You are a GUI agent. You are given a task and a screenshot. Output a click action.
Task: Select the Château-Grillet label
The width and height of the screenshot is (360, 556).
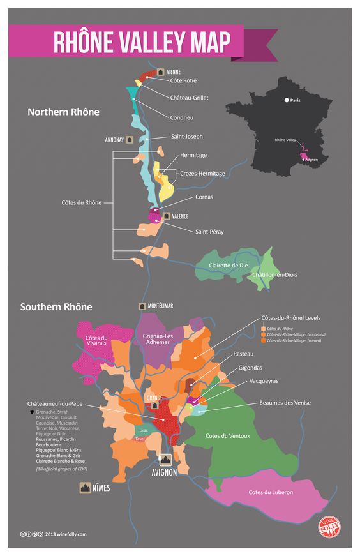(189, 98)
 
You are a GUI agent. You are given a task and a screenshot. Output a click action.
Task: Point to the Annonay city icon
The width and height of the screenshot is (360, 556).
(130, 139)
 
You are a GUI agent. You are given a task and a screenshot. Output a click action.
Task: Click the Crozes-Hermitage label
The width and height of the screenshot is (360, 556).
(202, 174)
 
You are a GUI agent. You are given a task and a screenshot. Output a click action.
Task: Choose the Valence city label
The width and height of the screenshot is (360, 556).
(180, 216)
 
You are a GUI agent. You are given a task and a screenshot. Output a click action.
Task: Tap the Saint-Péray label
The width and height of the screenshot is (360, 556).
(209, 231)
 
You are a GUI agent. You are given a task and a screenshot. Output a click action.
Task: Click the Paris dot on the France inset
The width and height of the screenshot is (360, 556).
(286, 100)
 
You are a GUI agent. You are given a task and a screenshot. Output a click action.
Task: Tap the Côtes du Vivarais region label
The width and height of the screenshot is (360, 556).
(96, 340)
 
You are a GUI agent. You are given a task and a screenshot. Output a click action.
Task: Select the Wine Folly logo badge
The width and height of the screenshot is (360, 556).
(329, 527)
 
